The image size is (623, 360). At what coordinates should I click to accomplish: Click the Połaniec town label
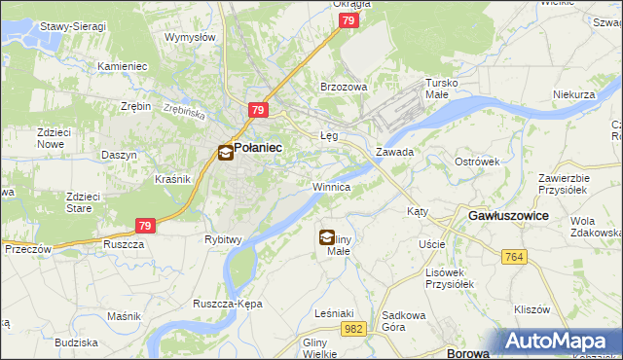pos(258,147)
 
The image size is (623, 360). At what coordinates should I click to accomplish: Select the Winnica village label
pos(331,186)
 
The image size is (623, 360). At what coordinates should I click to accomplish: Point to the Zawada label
pos(395,153)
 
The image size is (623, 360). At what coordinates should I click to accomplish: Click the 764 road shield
pos(515,256)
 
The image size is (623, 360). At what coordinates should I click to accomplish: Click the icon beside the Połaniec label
pos(225,152)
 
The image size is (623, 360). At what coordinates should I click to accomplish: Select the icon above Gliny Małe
pos(327,235)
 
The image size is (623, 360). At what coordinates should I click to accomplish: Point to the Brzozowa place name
pos(344,87)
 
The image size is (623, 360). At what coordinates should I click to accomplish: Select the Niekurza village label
pos(573,95)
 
